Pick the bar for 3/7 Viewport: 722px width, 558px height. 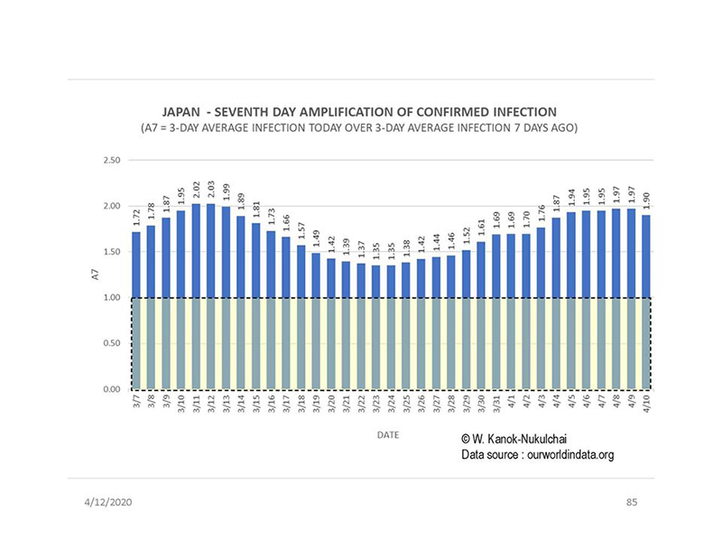pos(136,307)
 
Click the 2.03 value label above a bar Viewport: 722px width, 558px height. pos(210,190)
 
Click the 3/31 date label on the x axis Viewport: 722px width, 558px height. pos(495,405)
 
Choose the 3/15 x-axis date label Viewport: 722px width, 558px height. pos(256,405)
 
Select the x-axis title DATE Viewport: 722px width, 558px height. pos(388,434)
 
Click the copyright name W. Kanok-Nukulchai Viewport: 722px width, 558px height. pos(519,438)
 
